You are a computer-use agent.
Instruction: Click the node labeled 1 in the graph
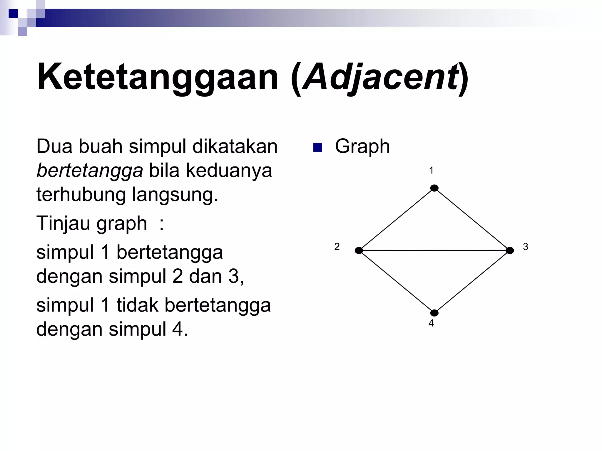(434, 188)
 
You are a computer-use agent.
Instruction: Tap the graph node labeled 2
(359, 250)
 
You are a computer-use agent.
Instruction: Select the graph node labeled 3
(510, 250)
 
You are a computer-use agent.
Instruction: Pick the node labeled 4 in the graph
(434, 313)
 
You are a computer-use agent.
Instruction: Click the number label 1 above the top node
(431, 171)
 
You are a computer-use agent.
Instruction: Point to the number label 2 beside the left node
(337, 247)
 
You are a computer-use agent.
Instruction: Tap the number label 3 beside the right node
(526, 247)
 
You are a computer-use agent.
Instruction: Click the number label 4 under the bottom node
(431, 323)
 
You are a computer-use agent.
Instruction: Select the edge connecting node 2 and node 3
(434, 250)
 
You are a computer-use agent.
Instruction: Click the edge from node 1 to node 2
(397, 219)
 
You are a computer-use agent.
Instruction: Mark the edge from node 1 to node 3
(472, 219)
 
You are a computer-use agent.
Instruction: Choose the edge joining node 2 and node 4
(397, 282)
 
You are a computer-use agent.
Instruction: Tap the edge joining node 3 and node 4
(472, 282)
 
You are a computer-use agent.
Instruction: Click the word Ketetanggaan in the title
(158, 77)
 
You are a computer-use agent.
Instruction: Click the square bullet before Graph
(318, 147)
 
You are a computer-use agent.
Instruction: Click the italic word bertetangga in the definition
(90, 171)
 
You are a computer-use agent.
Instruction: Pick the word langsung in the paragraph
(175, 195)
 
